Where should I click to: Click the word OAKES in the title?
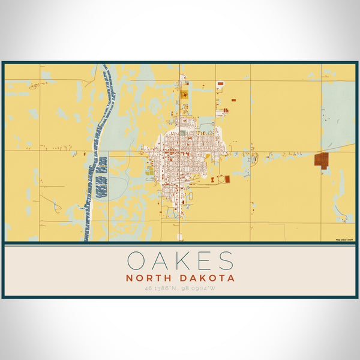click(180, 261)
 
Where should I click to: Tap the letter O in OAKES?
click(135, 261)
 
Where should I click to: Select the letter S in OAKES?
click(225, 261)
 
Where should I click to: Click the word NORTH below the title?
click(148, 278)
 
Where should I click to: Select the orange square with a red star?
click(184, 94)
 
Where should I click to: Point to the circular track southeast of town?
click(220, 179)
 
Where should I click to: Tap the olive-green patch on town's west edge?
click(149, 170)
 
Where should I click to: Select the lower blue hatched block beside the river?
click(101, 186)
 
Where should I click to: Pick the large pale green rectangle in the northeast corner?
click(338, 108)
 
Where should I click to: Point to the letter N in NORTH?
click(129, 278)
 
